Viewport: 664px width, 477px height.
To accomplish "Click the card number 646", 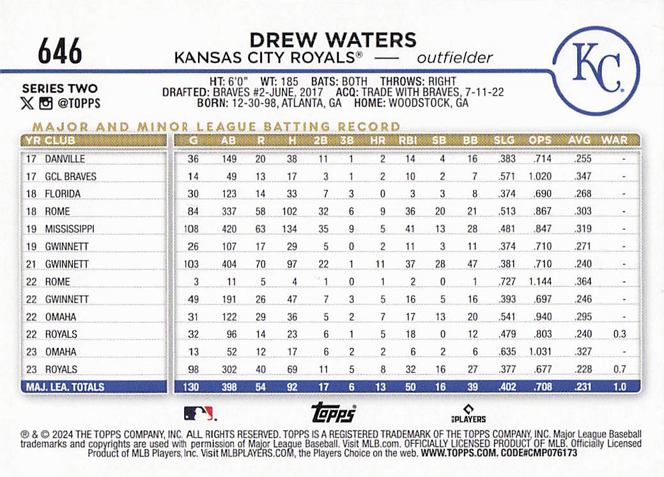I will coord(60,50).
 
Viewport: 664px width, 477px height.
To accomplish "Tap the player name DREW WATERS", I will coord(332,40).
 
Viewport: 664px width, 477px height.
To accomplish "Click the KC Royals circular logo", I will coord(596,71).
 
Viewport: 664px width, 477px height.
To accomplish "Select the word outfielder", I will coord(454,58).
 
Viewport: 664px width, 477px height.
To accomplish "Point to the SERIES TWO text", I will coord(59,89).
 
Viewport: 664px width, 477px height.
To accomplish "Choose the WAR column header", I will coord(614,140).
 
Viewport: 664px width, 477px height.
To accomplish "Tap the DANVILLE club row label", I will coord(65,158).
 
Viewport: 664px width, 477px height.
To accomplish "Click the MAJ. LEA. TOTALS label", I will coord(65,387).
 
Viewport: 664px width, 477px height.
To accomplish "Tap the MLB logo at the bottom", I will coord(199,413).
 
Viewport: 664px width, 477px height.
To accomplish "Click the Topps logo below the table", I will coord(333,413).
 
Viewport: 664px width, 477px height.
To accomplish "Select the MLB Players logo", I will coord(470,413).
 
